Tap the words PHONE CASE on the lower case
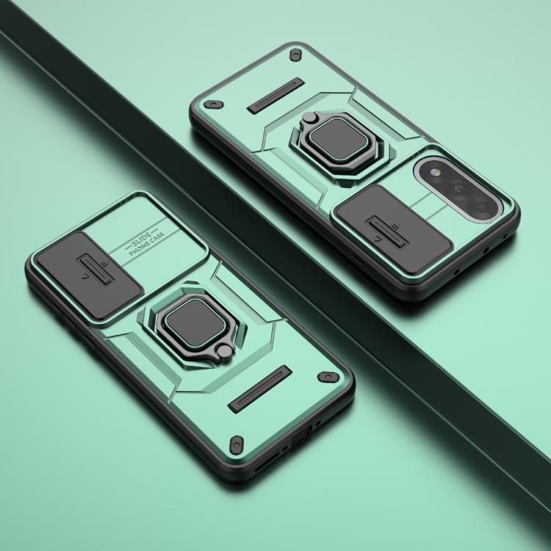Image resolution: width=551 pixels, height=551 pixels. tap(146, 243)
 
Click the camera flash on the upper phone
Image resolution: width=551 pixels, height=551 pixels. tap(436, 172)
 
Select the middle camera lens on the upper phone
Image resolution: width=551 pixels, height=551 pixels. tap(458, 190)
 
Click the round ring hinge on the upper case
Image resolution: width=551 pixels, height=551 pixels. tap(309, 118)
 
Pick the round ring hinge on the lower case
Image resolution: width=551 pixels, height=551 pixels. tap(225, 352)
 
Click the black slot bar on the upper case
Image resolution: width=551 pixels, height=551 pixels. tap(275, 96)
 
